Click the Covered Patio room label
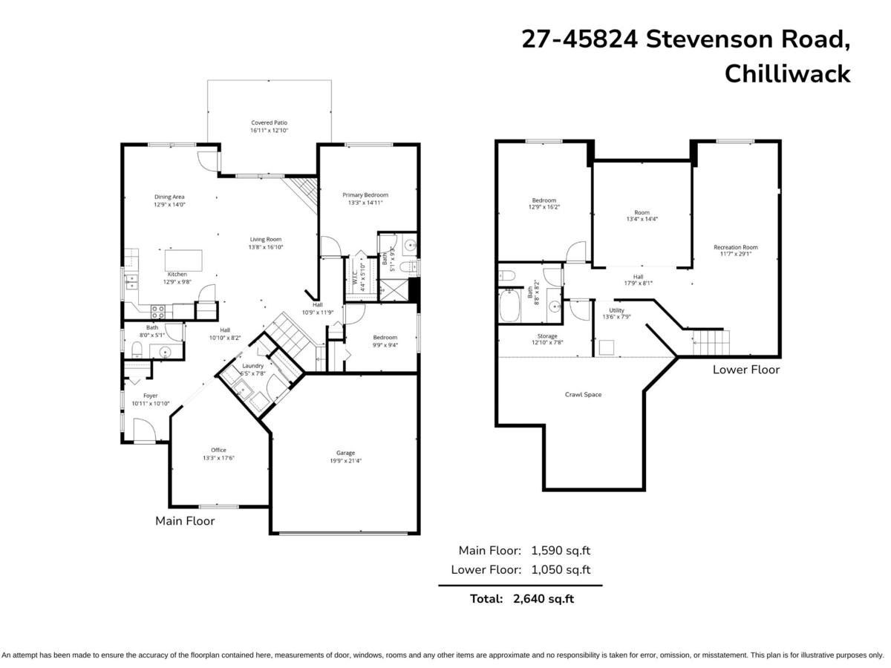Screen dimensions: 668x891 point(269,122)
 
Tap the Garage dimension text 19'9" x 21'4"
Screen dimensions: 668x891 point(345,461)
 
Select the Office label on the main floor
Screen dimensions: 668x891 point(218,450)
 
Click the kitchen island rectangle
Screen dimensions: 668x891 point(183,261)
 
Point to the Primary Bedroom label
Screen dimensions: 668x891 point(365,195)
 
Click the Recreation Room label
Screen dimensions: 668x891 point(735,247)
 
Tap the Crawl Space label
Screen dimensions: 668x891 point(583,395)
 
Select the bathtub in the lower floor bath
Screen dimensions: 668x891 point(509,306)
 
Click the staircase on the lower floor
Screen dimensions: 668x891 point(711,343)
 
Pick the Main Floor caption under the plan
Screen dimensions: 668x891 point(185,521)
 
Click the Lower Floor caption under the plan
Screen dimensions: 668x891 point(746,370)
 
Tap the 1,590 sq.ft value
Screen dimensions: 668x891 point(561,551)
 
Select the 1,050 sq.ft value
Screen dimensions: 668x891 point(561,570)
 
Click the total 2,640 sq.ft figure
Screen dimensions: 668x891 point(544,599)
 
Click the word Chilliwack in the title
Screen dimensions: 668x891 point(787,74)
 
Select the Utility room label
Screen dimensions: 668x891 point(616,310)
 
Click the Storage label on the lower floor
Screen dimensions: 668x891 point(548,336)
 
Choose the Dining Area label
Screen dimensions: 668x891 point(169,197)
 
